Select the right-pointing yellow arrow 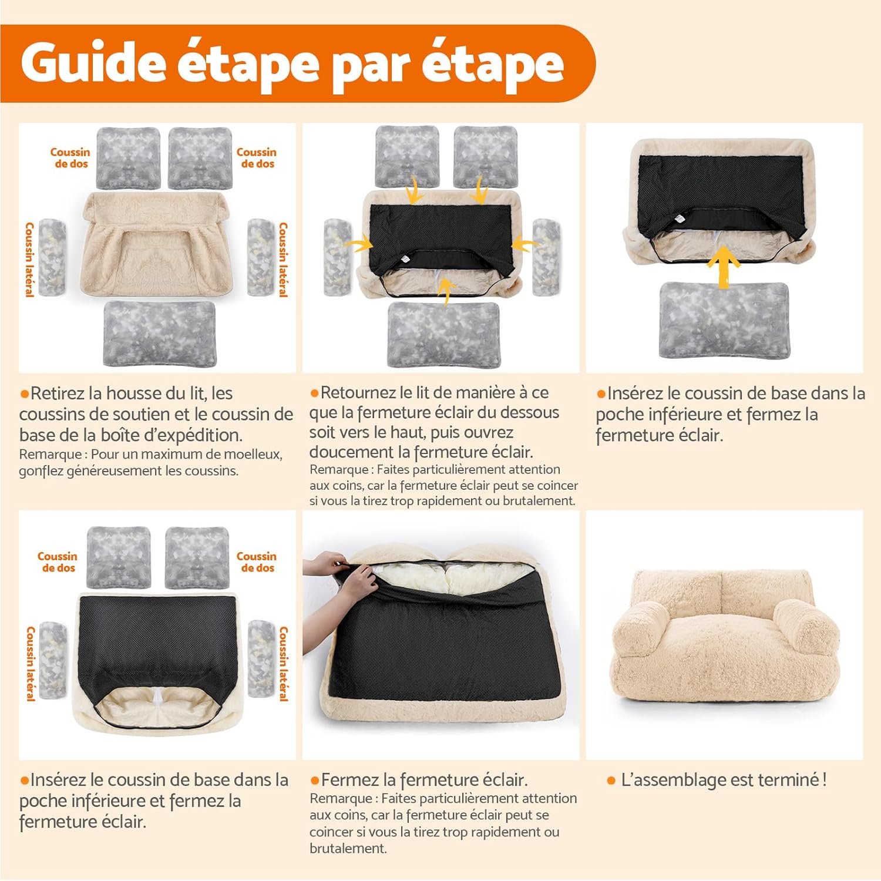tap(359, 243)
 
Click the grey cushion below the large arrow tap(723, 320)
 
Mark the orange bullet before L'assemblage tap(611, 781)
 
